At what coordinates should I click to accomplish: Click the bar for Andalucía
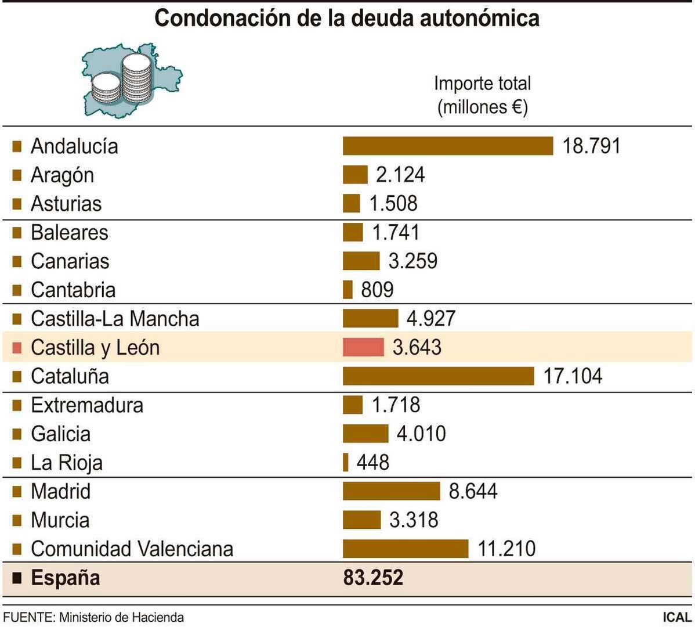[x=448, y=146]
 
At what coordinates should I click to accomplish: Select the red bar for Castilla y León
[x=363, y=347]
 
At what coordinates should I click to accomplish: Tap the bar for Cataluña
[x=438, y=376]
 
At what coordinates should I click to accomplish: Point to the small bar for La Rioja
[x=346, y=463]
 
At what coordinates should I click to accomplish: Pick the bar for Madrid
[x=391, y=491]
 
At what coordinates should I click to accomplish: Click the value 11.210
[x=506, y=549]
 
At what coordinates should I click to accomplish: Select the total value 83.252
[x=373, y=578]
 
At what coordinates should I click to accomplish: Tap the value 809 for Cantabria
[x=377, y=290]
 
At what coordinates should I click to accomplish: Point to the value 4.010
[x=421, y=434]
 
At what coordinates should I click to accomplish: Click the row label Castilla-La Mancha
[x=115, y=319]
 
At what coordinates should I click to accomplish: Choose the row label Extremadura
[x=87, y=405]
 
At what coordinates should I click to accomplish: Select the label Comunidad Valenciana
[x=132, y=549]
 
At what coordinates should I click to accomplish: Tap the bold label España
[x=66, y=578]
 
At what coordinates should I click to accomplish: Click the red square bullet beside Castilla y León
[x=17, y=348]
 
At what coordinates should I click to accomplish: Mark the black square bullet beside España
[x=17, y=578]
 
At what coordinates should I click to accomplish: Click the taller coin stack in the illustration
[x=137, y=78]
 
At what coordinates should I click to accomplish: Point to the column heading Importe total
[x=482, y=84]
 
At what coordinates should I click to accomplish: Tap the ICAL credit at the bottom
[x=676, y=617]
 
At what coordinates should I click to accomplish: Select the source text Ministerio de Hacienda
[x=121, y=617]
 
